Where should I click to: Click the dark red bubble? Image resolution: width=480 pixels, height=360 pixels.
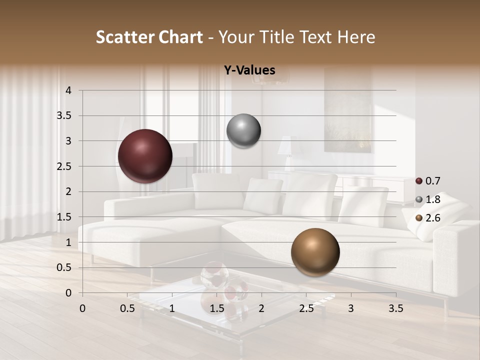point(145,156)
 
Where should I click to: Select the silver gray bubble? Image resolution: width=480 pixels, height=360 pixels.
point(243,131)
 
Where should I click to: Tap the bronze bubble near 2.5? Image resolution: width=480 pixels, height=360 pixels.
point(315,252)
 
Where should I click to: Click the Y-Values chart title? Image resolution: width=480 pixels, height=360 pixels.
point(249,70)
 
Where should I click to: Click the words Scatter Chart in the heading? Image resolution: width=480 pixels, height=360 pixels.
point(149,37)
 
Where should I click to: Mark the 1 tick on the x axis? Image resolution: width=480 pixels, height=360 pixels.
point(172,308)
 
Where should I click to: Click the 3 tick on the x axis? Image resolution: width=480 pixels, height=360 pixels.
point(350,308)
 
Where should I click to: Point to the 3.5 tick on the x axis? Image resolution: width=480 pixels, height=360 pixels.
point(395,308)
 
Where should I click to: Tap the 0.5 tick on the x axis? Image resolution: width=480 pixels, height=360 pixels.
point(127,308)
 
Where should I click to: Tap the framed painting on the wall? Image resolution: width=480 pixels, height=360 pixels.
point(348,110)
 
